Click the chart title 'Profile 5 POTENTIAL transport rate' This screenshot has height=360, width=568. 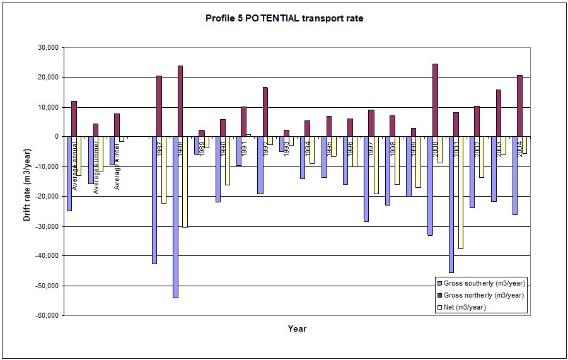tap(284, 18)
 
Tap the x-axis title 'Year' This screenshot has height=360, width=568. tap(297, 328)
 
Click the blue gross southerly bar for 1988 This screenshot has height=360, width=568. tap(175, 217)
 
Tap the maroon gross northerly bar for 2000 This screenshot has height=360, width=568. tap(435, 100)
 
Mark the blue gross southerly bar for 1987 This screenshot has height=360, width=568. tap(154, 200)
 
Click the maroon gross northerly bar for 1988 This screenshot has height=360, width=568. tap(180, 101)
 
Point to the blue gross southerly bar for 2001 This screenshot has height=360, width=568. tap(451, 204)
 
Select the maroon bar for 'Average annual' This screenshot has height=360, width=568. tap(74, 119)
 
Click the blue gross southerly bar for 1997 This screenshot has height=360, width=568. tap(366, 179)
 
